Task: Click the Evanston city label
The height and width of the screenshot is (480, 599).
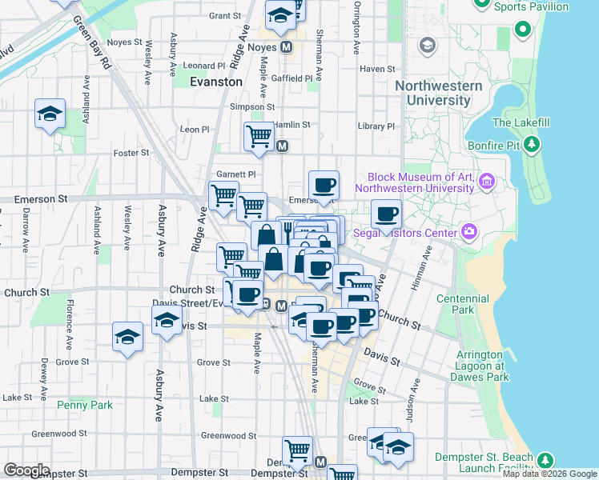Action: click(216, 82)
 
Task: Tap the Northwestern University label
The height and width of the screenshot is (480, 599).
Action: click(438, 93)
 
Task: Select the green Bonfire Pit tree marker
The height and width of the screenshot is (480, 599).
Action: click(531, 145)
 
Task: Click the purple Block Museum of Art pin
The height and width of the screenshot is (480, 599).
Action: click(486, 183)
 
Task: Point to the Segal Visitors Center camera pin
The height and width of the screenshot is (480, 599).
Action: click(468, 233)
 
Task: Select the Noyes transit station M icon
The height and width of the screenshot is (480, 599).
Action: click(286, 47)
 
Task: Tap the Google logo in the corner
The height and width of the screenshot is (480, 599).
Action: click(26, 470)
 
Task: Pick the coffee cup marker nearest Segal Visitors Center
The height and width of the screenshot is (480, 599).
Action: click(386, 214)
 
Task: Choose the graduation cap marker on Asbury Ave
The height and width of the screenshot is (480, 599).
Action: click(167, 322)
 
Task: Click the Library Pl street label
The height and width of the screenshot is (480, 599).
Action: click(376, 126)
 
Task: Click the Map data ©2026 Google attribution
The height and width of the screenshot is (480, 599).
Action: click(549, 474)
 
